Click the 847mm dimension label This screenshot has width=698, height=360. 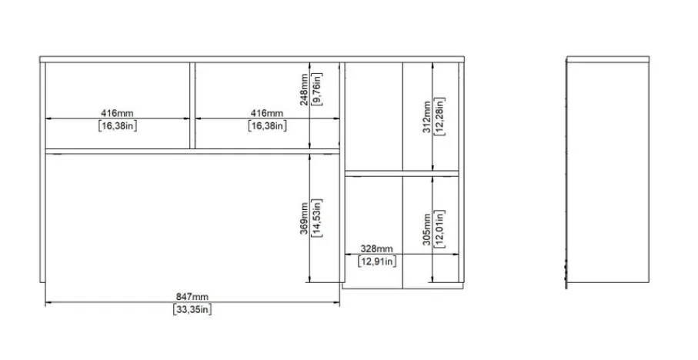click(192, 296)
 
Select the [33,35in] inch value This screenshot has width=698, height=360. click(192, 309)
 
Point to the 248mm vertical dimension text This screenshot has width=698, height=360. click(303, 89)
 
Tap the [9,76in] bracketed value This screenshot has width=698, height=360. click(317, 89)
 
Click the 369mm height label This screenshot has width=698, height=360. click(303, 218)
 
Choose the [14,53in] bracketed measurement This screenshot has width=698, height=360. click(316, 218)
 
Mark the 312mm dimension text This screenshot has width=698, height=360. click(427, 117)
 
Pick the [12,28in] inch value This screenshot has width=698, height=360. click(440, 116)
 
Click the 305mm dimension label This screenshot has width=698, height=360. click(427, 229)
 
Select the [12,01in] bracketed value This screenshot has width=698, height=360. click(440, 228)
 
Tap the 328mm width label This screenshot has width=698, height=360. click(376, 248)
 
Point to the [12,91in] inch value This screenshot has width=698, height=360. click(376, 262)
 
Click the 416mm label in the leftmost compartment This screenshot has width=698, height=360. click(117, 114)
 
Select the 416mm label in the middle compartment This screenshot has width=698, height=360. click(266, 114)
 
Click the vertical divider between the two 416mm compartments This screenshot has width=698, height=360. click(192, 105)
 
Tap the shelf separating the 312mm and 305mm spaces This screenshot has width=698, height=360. click(402, 174)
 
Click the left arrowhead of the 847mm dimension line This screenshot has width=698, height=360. click(48, 302)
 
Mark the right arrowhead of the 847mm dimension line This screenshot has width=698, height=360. click(336, 302)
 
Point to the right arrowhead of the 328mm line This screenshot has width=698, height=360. click(456, 255)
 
